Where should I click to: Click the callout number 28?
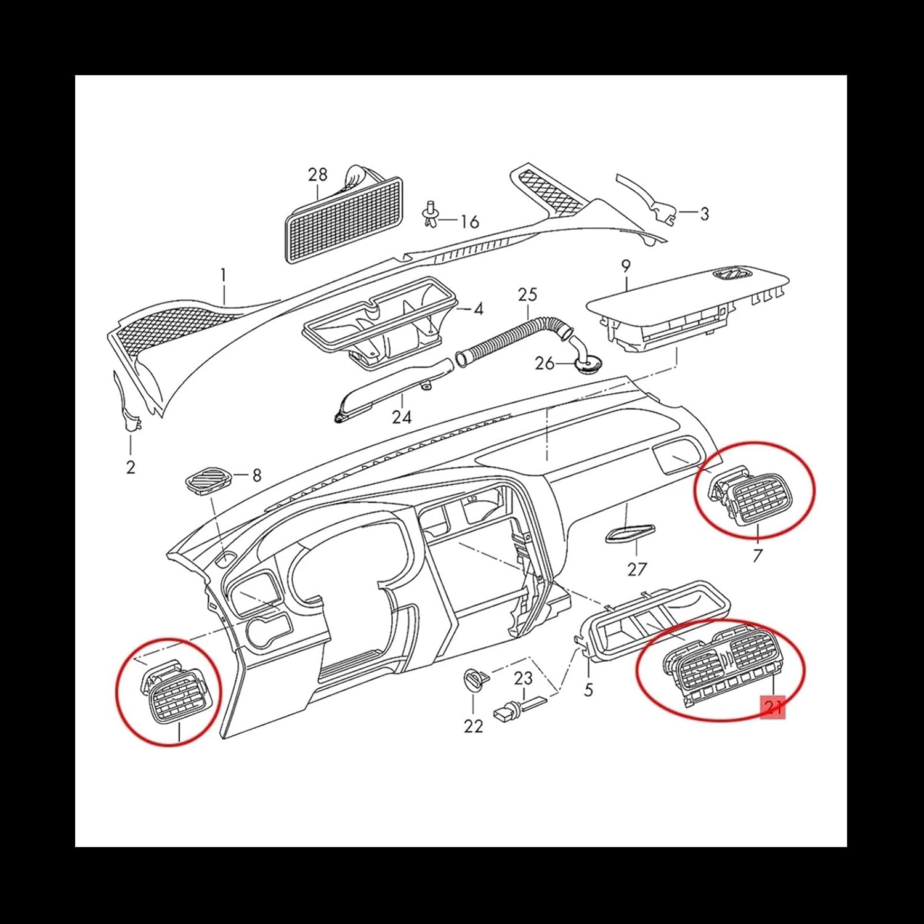tap(318, 175)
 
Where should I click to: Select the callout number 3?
tap(704, 214)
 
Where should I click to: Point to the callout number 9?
tap(626, 267)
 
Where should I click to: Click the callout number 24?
tap(402, 417)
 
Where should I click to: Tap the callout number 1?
tap(224, 275)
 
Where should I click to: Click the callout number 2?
tap(131, 467)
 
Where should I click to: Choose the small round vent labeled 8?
tap(208, 480)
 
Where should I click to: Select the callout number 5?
tap(588, 689)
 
